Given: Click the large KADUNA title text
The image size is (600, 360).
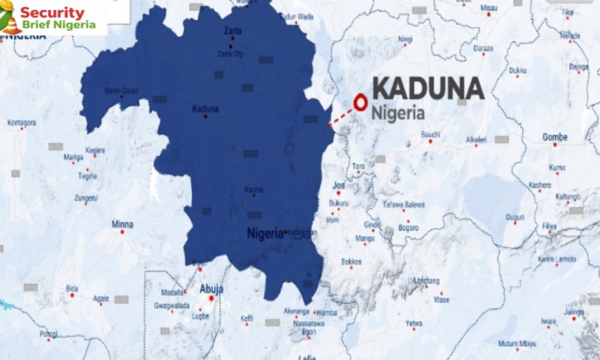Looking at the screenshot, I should (428, 89).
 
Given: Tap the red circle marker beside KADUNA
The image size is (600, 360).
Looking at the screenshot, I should (361, 103).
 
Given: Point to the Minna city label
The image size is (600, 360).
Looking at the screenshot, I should (122, 224).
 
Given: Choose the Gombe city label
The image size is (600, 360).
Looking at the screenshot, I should (554, 137).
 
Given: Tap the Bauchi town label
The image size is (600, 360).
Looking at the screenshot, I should (431, 134).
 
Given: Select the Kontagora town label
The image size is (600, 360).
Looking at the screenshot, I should (22, 122).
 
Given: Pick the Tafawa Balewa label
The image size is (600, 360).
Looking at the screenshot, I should (404, 205).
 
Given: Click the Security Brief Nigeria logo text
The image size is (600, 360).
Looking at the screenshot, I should (58, 17).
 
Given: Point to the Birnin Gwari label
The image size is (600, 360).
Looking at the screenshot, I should (122, 91).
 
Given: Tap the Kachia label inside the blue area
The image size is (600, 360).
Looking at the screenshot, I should (254, 190).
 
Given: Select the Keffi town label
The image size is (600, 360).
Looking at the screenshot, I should (247, 317).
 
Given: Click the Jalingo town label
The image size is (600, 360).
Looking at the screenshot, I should (574, 311).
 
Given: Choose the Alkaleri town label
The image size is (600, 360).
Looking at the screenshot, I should (476, 140).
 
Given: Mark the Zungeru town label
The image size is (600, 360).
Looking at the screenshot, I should (85, 197).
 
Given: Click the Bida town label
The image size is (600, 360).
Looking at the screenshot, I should (72, 287).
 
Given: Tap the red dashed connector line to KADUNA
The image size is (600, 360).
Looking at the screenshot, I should (342, 116).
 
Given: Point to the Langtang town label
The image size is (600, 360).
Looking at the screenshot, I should (427, 281).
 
